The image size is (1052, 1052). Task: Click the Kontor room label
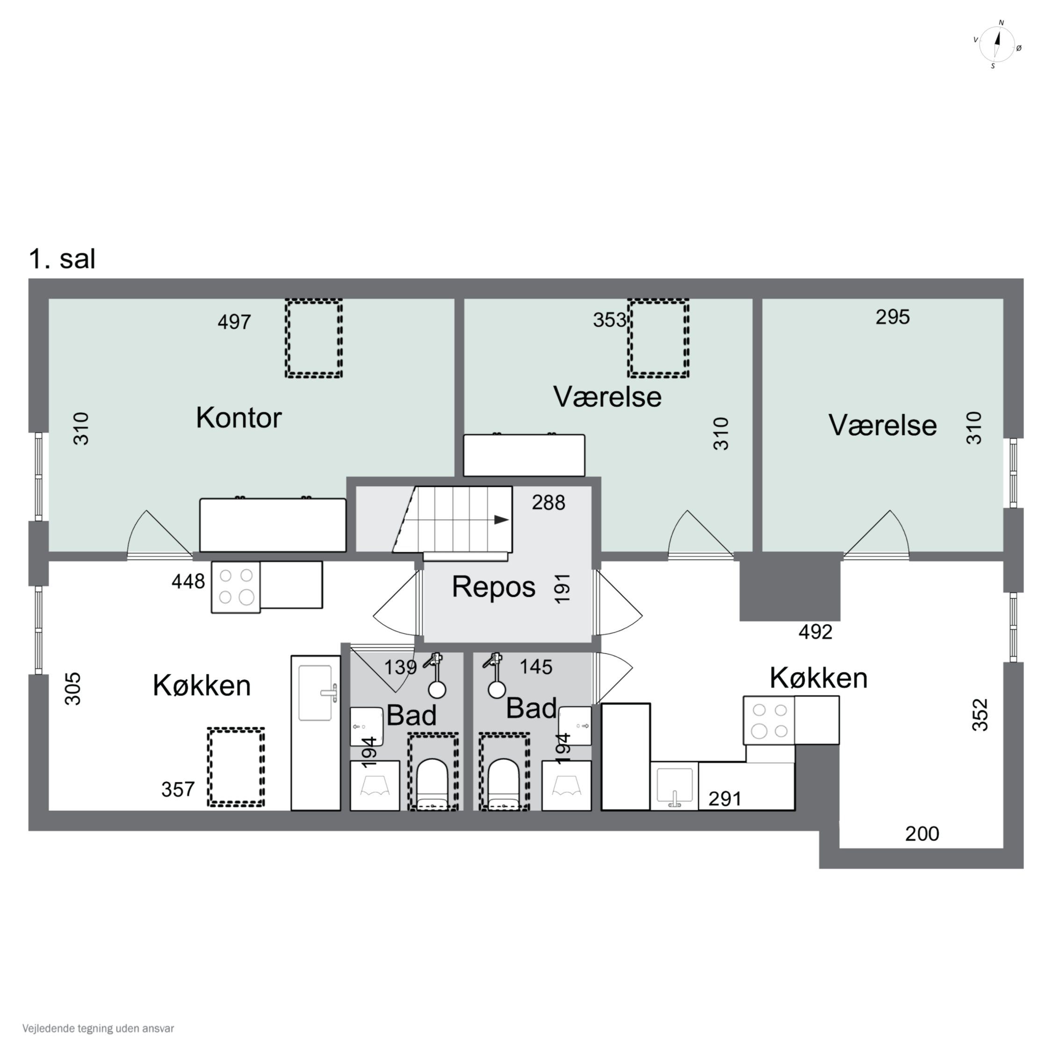point(238,418)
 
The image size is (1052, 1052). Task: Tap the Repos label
point(493,587)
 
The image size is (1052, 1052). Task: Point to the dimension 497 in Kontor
point(234,322)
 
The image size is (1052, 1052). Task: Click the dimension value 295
point(893,317)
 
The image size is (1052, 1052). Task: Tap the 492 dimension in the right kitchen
point(815,632)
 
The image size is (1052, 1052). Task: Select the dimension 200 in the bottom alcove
point(922,834)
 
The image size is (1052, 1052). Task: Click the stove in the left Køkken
point(236,587)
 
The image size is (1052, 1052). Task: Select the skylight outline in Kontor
point(314,338)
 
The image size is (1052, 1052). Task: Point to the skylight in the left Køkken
point(236,767)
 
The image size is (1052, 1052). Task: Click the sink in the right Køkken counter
point(675,786)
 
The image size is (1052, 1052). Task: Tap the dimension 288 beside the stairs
point(548,503)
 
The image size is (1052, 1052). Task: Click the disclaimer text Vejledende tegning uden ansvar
point(98,1029)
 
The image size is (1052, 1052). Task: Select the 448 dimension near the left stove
point(188,582)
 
